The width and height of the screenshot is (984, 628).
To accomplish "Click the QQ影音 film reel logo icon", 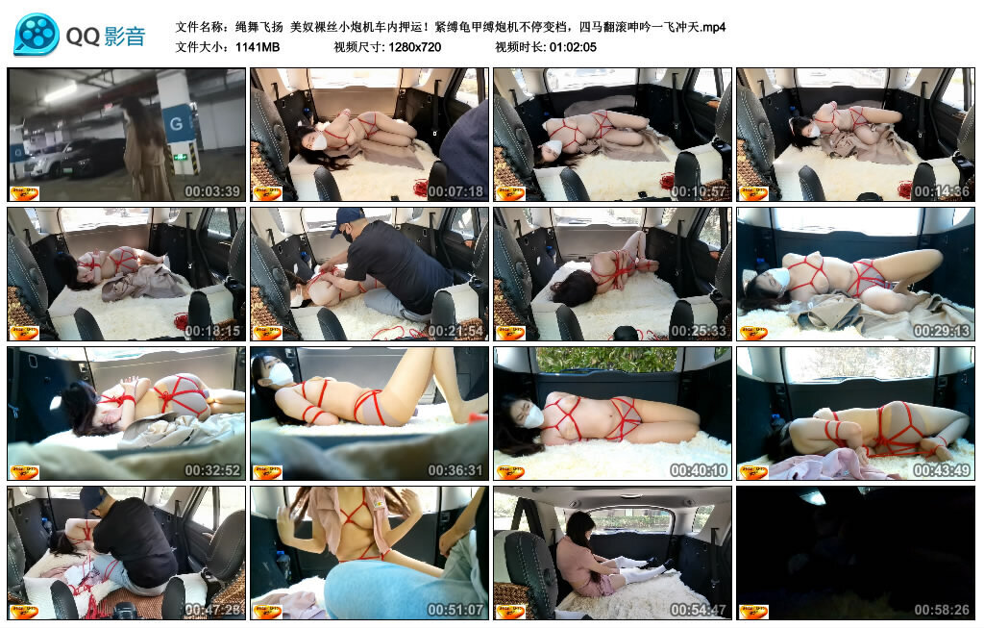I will click(x=37, y=35).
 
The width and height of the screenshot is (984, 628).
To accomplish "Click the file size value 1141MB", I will click(x=258, y=47).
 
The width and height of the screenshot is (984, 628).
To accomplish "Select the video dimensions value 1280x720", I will click(x=415, y=47).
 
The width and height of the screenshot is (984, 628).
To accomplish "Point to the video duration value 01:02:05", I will click(x=573, y=47).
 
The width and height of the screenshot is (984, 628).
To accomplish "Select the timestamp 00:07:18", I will click(x=455, y=191).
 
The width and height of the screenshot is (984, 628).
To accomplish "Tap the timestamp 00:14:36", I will click(x=942, y=191).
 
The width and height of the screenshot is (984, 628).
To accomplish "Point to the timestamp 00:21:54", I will click(x=455, y=331).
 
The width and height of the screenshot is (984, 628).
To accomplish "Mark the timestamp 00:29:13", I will click(x=942, y=331).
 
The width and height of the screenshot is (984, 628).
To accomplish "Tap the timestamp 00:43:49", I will click(x=942, y=470).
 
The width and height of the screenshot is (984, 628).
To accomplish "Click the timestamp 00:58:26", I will click(x=942, y=610).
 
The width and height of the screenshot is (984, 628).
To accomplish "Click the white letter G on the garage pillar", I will click(x=177, y=123).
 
